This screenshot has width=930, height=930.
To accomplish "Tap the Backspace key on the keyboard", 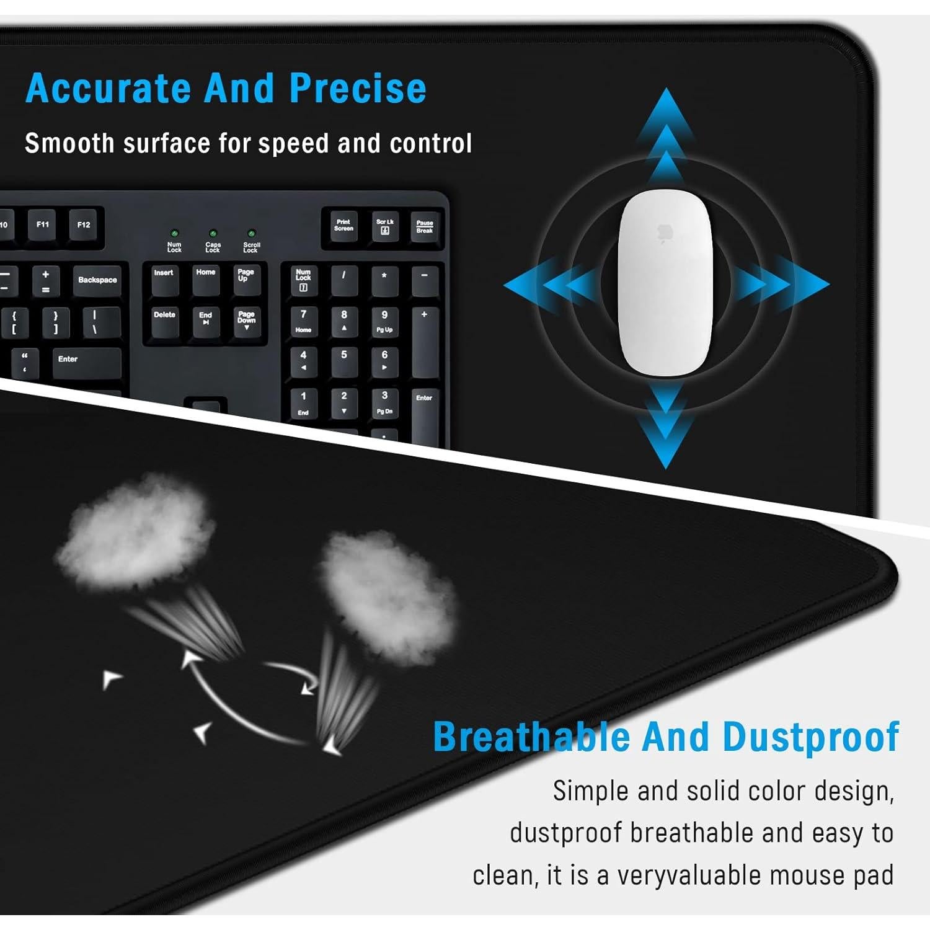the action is (x=97, y=282).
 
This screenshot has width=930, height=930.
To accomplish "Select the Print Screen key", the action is (x=343, y=226).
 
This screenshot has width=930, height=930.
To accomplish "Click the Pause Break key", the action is (x=425, y=227).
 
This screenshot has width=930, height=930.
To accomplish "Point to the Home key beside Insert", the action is (x=205, y=278).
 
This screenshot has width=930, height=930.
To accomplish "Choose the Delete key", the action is (x=164, y=321).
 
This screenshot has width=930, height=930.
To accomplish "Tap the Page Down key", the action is (x=246, y=321).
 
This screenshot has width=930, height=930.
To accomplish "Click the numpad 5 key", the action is (x=344, y=361).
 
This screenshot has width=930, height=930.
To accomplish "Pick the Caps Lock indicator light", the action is (x=213, y=234).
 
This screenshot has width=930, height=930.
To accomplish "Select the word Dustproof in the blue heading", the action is (x=811, y=737).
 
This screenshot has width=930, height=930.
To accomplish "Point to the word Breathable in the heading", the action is (x=531, y=736).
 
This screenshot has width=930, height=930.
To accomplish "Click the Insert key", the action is (x=164, y=278).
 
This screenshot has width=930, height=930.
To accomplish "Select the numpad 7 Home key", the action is (x=303, y=321).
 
